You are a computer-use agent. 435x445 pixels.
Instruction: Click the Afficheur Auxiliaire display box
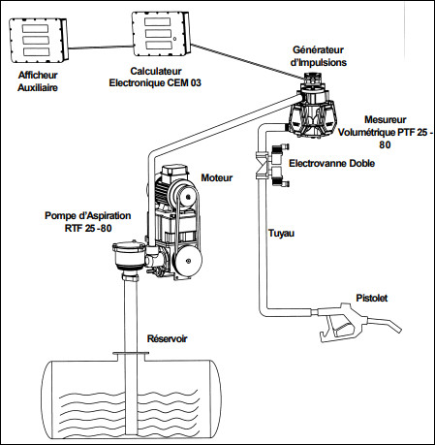coord(38,41)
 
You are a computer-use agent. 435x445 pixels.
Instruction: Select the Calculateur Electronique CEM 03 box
coord(161,34)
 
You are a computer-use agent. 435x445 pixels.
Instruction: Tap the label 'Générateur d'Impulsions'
coord(319,56)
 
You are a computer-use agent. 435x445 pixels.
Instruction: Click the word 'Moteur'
coord(217,177)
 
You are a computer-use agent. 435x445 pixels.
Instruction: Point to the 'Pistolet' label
coord(372,298)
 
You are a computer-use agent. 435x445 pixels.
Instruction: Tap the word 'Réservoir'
coord(168,338)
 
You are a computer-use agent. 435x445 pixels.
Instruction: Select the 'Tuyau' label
coord(281,234)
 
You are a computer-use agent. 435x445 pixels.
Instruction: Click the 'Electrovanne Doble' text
coord(331,163)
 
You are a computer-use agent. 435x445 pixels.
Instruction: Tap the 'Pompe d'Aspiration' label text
coord(88,216)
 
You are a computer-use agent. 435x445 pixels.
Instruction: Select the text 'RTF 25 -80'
coord(88,228)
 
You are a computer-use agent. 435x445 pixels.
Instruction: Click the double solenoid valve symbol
coord(272,166)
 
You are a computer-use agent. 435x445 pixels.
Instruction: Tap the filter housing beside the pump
coord(129,257)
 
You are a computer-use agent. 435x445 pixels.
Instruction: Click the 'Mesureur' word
coord(386,119)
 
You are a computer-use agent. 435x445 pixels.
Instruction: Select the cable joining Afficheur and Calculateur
coord(100,48)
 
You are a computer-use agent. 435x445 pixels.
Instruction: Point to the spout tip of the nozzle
coord(399,330)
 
